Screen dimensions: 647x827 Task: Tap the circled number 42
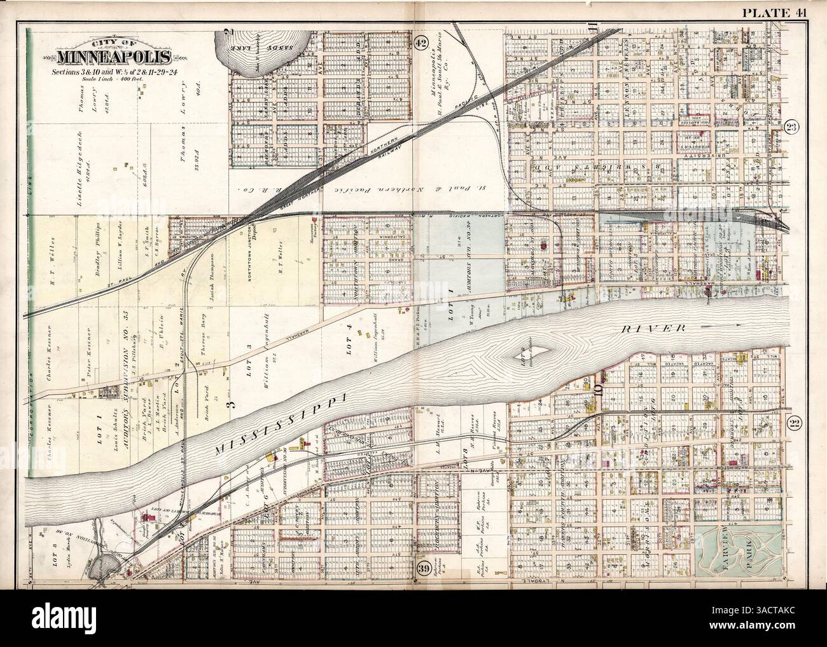pyautogui.click(x=420, y=43)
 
